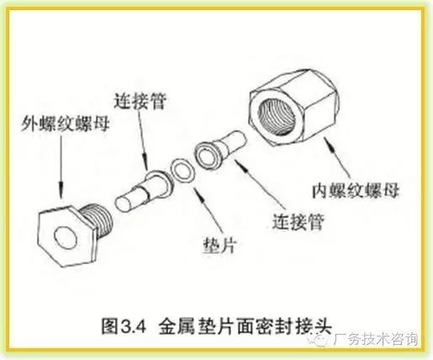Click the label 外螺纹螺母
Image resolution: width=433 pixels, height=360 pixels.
pos(65,124)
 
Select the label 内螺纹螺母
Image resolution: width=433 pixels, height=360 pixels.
pos(356,191)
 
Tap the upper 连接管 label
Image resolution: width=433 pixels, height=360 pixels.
pos(140,101)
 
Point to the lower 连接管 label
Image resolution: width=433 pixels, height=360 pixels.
pos(298,221)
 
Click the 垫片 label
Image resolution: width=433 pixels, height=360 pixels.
pos(219,246)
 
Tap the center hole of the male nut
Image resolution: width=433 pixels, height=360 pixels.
pos(66,238)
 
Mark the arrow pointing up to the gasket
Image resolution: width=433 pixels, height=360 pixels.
pos(209,209)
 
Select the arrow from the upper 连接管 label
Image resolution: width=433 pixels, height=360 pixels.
pos(143,140)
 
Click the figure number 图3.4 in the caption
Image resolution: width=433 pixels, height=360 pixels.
pos(124,326)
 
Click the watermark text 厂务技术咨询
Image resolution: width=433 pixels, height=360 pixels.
pos(376,339)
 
